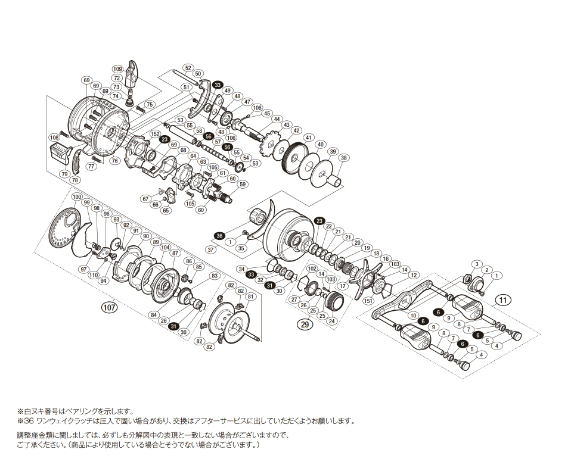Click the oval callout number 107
coord(108,308)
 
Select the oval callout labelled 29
coord(306,324)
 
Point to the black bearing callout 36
coord(219,236)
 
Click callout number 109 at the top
coord(117,69)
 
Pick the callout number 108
coord(54,138)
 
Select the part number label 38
coord(344,158)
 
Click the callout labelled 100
coord(76,197)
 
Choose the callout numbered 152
coord(156,134)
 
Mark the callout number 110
coord(94,275)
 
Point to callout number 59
coord(242,185)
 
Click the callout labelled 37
coord(210,249)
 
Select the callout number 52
coord(188,67)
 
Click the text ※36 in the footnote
coord(26,420)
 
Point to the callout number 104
coord(165,247)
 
